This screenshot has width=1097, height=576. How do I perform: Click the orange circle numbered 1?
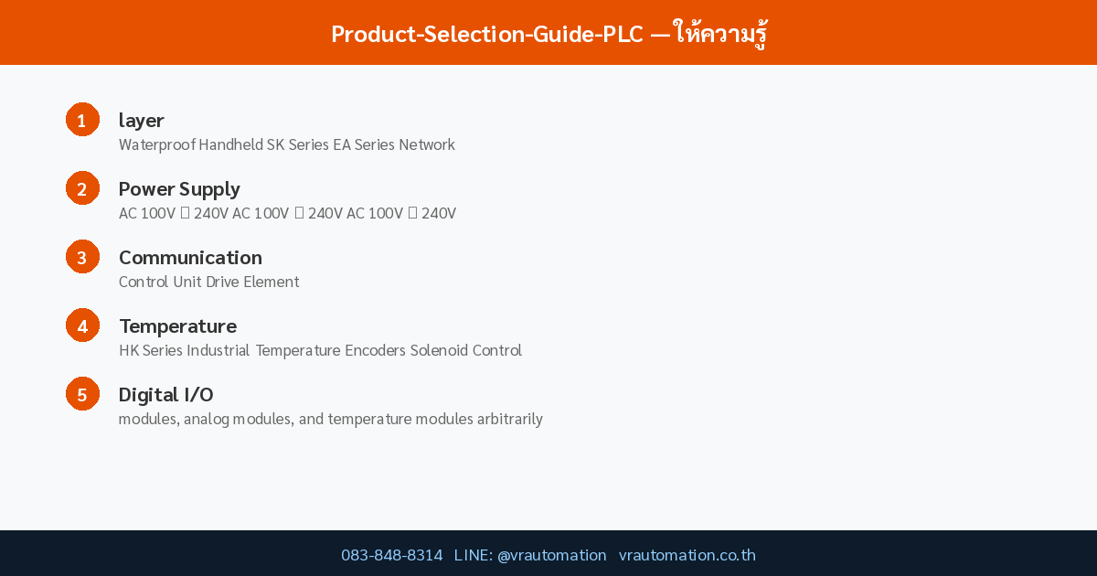[82, 120]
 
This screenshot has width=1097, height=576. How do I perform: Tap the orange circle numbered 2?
[82, 188]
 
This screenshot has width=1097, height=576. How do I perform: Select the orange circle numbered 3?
[82, 257]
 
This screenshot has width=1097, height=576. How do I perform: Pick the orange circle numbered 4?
[82, 325]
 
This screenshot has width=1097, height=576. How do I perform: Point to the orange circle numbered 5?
[82, 394]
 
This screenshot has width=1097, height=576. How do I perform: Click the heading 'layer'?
[142, 120]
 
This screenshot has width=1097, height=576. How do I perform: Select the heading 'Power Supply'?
[179, 188]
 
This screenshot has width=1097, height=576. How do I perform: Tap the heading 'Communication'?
[190, 257]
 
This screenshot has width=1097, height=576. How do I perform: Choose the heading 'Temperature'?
[177, 325]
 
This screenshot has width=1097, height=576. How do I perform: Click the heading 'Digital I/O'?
[166, 394]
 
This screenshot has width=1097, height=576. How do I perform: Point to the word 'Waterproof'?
[156, 144]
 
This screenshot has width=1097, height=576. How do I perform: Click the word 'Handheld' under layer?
[230, 144]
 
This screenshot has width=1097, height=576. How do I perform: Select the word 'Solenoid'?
[439, 350]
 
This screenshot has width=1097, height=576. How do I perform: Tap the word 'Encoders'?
[375, 350]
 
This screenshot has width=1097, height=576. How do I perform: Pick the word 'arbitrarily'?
[509, 419]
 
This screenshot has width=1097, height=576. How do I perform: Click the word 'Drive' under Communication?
[222, 282]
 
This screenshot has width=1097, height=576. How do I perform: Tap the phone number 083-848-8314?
[391, 555]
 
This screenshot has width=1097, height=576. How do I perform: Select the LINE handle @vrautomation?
[551, 555]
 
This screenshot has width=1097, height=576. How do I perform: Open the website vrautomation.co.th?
[687, 555]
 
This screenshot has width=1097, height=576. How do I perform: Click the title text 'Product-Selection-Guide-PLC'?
[487, 34]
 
